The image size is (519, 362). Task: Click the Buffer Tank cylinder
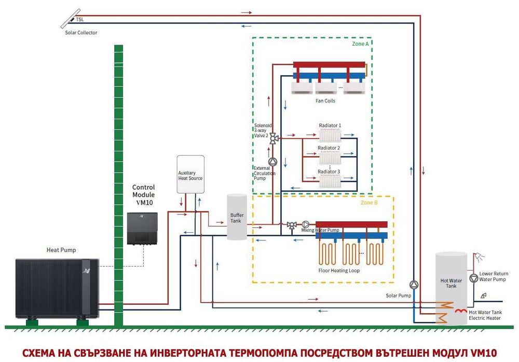coord(237,217)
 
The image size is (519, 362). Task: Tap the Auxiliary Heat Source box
coord(190,175)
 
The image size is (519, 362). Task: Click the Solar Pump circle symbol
coord(414,285)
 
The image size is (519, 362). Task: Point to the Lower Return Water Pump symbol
coord(473,278)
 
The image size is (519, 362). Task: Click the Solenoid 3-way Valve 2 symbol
coord(273,138)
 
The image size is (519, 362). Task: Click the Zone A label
coord(360,44)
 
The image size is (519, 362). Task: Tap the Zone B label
coord(369,203)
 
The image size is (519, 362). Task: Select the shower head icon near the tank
coord(481,257)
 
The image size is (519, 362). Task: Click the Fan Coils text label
coord(325,101)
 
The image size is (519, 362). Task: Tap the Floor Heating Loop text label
coord(339,271)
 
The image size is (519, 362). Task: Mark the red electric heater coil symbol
coord(461,311)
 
